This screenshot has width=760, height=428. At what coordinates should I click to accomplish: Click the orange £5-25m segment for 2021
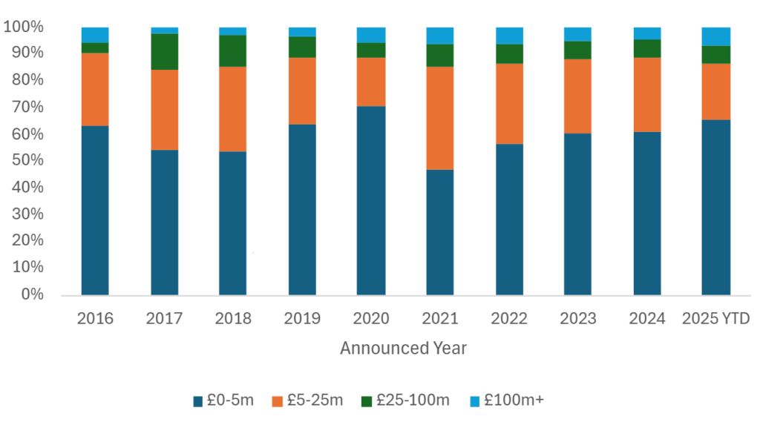[x=439, y=118]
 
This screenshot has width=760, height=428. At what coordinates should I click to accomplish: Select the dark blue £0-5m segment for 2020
[x=371, y=200]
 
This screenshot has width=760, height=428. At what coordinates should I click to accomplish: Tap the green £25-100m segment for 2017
[x=164, y=52]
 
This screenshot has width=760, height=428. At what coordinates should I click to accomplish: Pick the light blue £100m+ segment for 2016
[x=95, y=35]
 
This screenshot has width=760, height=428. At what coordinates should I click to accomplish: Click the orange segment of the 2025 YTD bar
[x=716, y=91]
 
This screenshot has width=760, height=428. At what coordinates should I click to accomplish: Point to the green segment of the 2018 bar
[x=232, y=51]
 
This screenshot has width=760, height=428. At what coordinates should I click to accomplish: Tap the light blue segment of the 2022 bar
[x=509, y=36]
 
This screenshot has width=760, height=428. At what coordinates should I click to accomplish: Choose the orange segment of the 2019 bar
[x=302, y=90]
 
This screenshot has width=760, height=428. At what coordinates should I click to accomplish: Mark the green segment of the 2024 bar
[x=646, y=48]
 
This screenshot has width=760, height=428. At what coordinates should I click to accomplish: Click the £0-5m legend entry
[x=223, y=401]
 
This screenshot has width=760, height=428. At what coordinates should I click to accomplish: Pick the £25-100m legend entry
[x=405, y=401]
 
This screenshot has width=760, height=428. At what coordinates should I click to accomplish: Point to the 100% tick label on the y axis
[x=24, y=27]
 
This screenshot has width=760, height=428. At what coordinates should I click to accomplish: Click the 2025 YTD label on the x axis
[x=716, y=319]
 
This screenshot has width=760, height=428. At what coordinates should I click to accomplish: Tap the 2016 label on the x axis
[x=95, y=319]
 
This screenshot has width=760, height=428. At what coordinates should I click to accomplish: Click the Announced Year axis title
[x=403, y=348]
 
